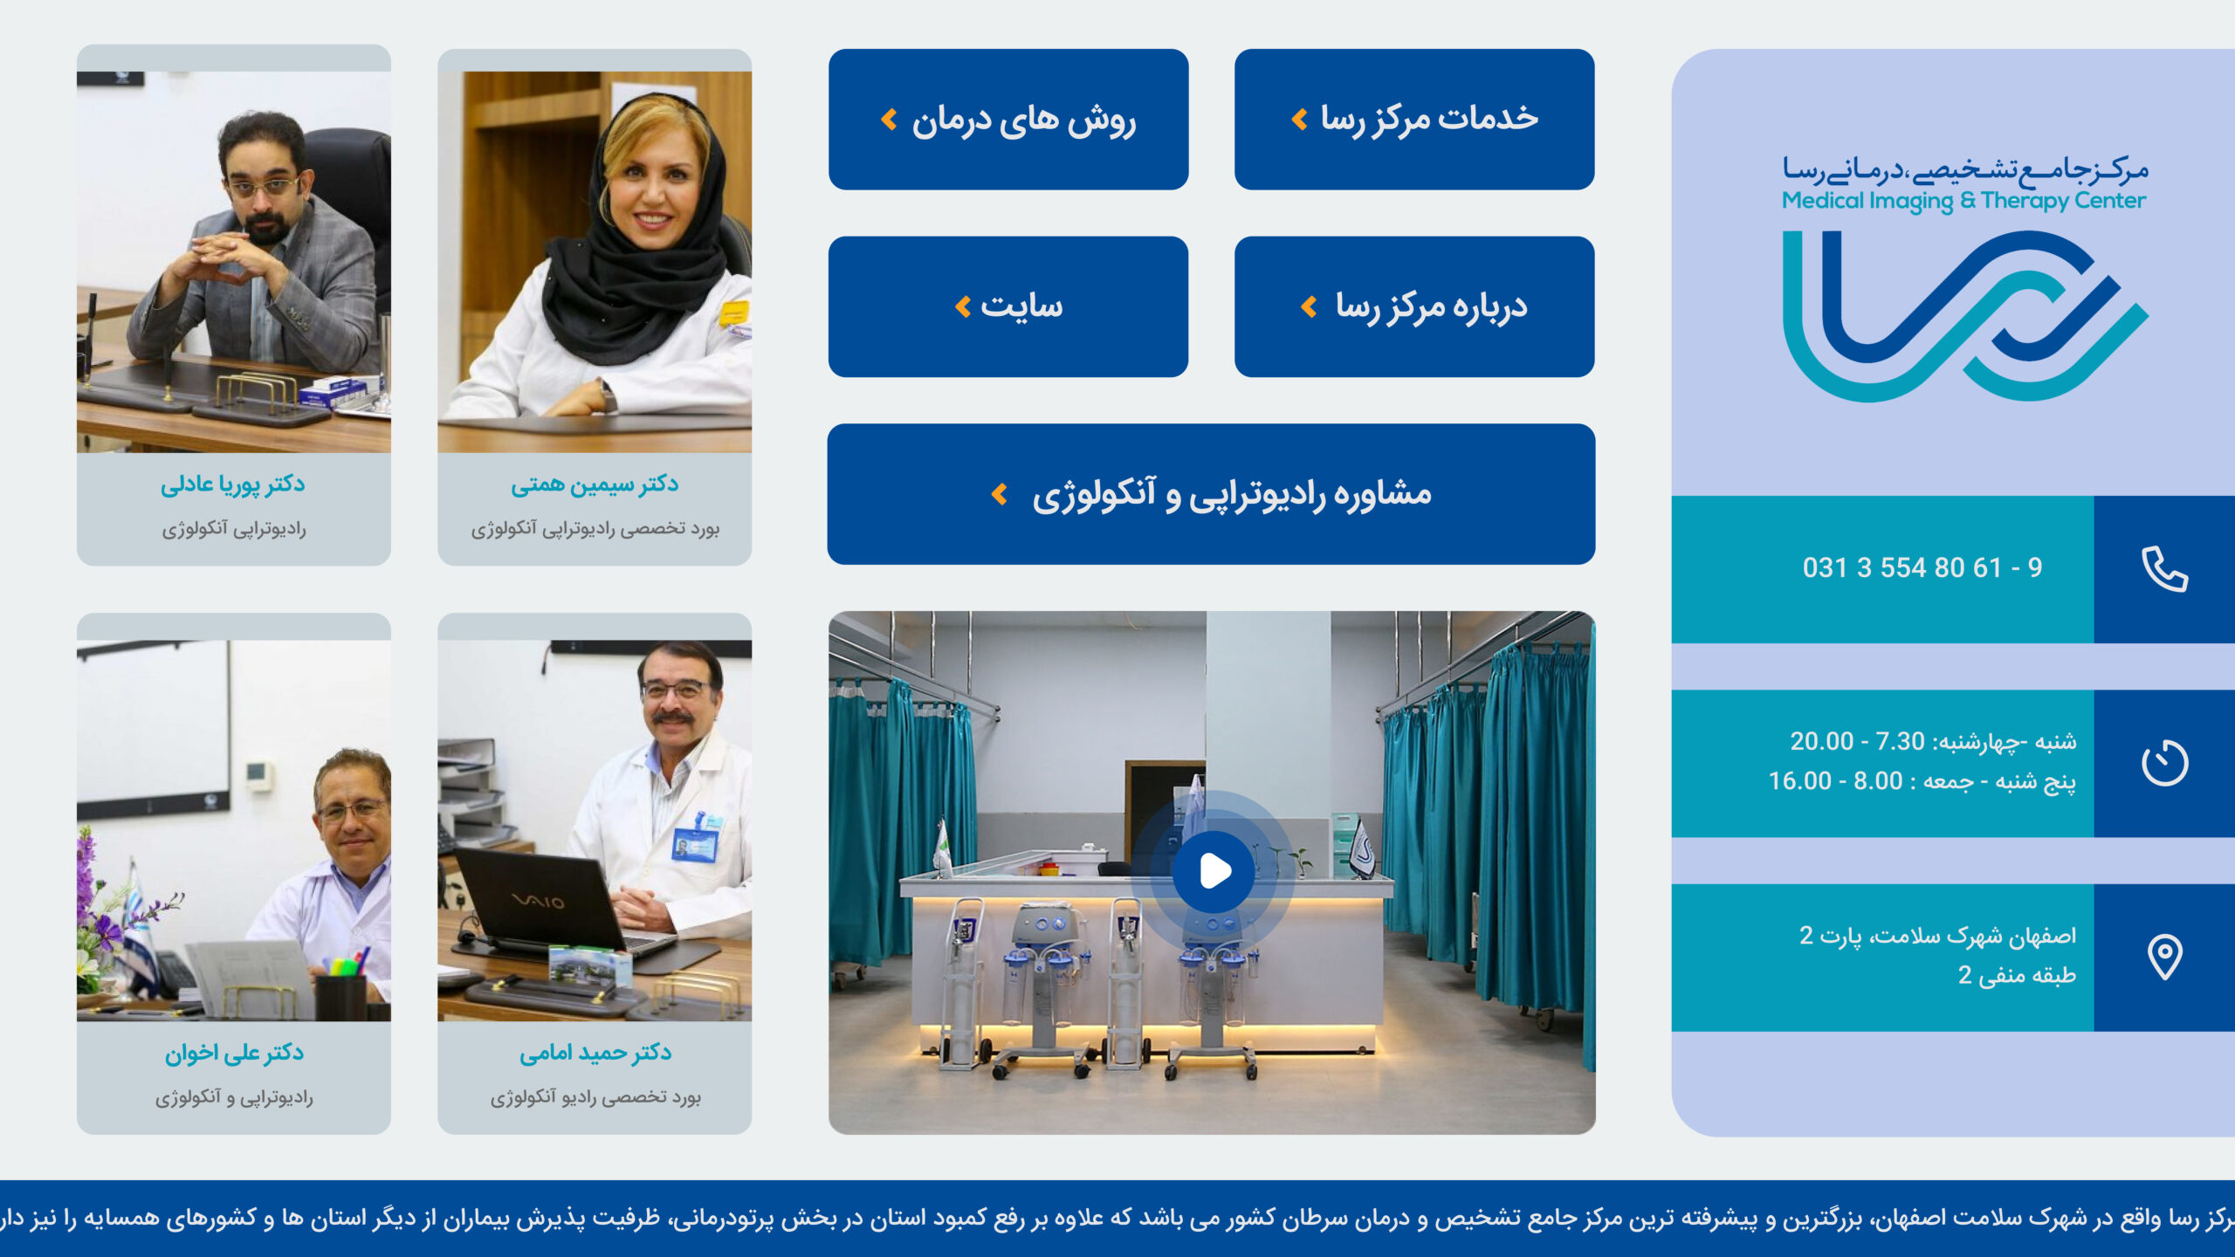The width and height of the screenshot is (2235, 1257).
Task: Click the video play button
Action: point(1214,871)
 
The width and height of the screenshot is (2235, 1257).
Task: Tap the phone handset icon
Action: point(2164,569)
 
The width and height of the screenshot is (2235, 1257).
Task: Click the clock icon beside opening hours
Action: point(2164,763)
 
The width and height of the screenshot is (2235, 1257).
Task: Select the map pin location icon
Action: point(2164,957)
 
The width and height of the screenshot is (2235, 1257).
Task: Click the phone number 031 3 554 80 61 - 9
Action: point(1922,568)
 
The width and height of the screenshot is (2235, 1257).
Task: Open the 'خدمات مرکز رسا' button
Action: point(1414,120)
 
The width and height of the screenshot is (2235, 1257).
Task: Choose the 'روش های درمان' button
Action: point(1008,120)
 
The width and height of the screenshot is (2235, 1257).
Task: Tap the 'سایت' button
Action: point(1008,306)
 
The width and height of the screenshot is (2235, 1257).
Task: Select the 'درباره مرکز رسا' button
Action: point(1414,306)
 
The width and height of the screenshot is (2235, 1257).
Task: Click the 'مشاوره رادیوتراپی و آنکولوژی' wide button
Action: point(1211,494)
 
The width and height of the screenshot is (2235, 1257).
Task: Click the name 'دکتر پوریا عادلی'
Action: point(233,484)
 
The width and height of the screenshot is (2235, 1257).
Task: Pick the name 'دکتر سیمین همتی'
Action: point(595,484)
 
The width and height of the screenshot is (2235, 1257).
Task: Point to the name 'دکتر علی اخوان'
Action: point(234,1054)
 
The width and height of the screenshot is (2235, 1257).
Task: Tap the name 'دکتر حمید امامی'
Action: point(595,1054)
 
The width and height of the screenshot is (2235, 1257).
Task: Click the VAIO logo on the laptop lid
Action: point(537,900)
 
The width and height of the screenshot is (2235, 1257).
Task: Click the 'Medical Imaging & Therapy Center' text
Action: point(1964,201)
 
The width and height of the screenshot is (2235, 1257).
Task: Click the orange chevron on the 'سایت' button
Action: point(963,306)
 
